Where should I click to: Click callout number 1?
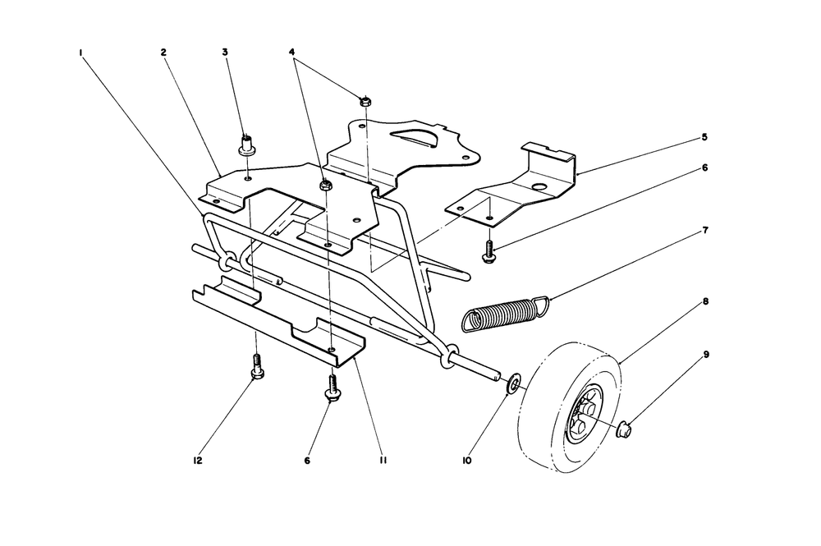click(81, 53)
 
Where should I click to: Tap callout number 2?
click(163, 53)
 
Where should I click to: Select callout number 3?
click(225, 53)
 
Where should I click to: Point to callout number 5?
click(704, 137)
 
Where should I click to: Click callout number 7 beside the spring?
click(705, 231)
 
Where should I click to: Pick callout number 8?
click(706, 301)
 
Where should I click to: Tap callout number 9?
click(706, 355)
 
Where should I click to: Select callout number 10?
click(467, 461)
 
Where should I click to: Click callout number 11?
click(383, 461)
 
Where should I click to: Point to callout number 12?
click(197, 461)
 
